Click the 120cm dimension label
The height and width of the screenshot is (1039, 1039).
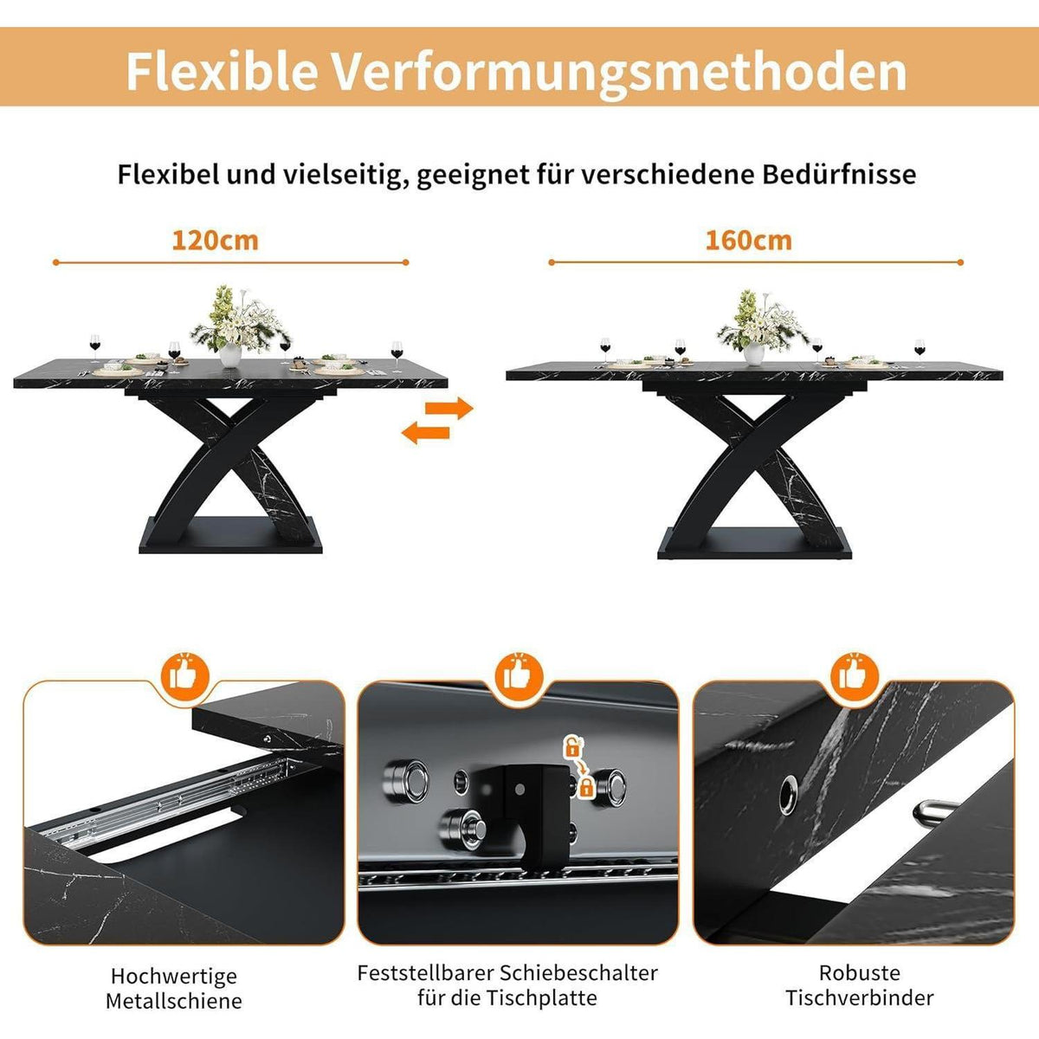(215, 240)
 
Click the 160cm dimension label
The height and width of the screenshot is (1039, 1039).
(748, 240)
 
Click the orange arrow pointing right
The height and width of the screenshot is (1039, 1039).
(449, 408)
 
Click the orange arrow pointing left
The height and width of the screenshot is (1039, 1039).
(426, 432)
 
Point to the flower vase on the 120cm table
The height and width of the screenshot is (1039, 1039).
(230, 354)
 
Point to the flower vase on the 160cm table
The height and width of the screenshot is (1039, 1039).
(753, 353)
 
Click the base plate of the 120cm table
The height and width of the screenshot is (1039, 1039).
(230, 535)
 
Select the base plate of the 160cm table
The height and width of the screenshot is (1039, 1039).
(754, 543)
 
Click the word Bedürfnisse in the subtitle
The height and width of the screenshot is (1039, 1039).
(839, 174)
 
